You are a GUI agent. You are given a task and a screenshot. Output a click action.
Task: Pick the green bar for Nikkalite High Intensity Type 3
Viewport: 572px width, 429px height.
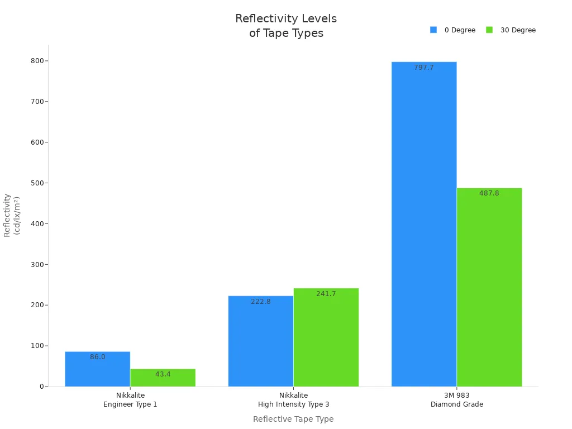coord(326,337)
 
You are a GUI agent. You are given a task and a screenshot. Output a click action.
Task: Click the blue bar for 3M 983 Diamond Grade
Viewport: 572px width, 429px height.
coord(424,223)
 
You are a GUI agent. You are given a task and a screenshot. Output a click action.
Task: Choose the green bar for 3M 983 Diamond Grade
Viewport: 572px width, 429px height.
coord(489,287)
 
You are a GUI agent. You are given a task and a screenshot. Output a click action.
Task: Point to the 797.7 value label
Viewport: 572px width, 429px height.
coord(424,68)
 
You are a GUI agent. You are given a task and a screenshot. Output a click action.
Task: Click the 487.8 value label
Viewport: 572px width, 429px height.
coord(489,193)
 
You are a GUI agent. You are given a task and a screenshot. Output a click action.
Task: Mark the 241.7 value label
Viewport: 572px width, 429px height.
coord(326,294)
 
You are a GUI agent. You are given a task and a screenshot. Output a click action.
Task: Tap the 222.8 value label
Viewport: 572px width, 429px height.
coord(261,302)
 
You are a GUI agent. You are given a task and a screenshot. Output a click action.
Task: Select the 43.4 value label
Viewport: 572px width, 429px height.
coord(163,374)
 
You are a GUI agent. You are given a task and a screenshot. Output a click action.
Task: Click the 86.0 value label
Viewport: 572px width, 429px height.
coord(98,357)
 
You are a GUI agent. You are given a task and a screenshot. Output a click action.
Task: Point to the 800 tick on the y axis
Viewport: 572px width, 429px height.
coord(37,61)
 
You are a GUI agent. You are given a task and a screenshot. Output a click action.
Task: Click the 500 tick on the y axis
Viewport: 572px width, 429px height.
coord(37,183)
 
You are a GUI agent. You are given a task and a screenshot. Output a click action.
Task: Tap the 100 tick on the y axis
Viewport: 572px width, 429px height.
coord(37,346)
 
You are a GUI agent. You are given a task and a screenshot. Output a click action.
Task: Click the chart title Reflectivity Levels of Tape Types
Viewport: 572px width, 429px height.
coord(286,26)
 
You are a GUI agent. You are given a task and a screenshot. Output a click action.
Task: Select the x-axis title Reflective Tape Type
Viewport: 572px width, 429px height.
coord(293,419)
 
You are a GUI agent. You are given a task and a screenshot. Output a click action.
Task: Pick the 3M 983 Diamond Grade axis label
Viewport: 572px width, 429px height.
coord(457,400)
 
